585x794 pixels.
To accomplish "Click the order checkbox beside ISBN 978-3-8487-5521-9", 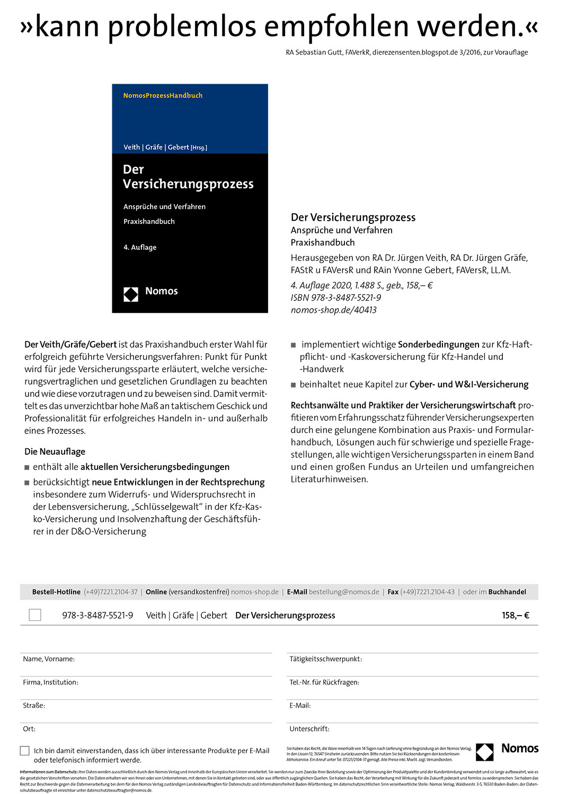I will click(35, 615).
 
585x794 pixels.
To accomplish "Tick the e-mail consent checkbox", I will click(25, 751).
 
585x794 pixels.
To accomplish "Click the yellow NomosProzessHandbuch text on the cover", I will click(163, 95).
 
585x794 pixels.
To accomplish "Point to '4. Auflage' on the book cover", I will click(140, 247).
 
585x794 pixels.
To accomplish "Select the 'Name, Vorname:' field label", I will click(49, 659).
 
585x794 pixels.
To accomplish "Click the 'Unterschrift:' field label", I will click(309, 729).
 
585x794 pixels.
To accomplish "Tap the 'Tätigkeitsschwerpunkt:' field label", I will click(325, 659).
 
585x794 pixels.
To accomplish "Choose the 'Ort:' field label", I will click(29, 729).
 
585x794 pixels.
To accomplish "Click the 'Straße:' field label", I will click(34, 706).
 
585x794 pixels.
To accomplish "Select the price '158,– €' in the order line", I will click(515, 615).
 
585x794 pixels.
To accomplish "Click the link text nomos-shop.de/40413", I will click(333, 310).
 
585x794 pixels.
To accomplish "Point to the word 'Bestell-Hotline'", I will click(56, 592).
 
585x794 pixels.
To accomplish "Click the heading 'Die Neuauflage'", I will click(55, 452).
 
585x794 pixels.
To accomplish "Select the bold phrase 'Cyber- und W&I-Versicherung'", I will click(469, 384).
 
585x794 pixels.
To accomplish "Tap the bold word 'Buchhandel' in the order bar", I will click(507, 592).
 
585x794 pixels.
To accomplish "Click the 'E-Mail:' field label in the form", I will click(300, 706).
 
